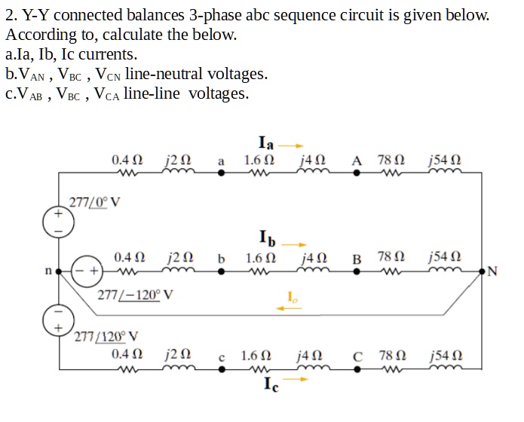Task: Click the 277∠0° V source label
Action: tap(95, 201)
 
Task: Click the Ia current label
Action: tap(265, 142)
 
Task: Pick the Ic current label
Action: tap(271, 385)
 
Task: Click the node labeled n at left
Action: tap(47, 269)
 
